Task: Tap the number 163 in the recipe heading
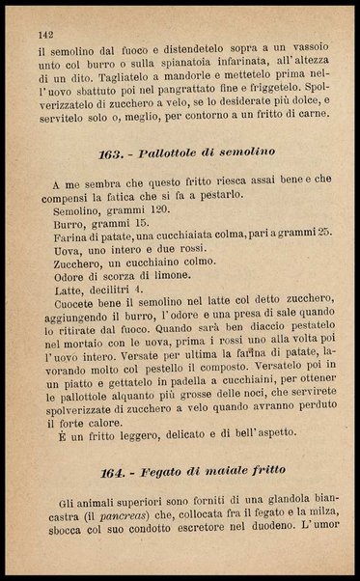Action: [x=112, y=152]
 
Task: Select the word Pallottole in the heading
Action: [x=171, y=152]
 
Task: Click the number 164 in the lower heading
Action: [x=115, y=470]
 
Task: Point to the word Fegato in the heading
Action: [x=166, y=470]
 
